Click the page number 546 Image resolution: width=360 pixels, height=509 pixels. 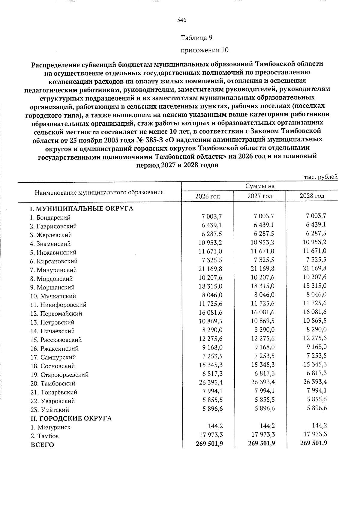182,20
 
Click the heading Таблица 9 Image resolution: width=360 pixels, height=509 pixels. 196,38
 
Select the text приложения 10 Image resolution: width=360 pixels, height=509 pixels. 204,50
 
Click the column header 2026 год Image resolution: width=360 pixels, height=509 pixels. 208,196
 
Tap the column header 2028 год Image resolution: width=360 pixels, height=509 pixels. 312,196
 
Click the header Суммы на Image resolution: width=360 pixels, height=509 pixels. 260,186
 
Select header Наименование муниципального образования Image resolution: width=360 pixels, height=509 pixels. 99,192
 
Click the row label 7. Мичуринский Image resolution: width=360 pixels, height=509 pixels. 53,270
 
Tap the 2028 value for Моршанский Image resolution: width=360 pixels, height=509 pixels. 314,286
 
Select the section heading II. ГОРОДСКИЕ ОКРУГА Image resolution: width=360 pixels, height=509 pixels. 71,418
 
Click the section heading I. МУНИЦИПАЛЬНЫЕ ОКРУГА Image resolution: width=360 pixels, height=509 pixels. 81,209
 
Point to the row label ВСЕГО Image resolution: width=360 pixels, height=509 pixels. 42,445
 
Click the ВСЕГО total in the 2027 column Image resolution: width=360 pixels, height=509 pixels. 262,443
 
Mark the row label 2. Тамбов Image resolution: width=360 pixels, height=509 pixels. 44,436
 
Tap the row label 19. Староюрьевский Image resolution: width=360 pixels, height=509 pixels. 59,375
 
